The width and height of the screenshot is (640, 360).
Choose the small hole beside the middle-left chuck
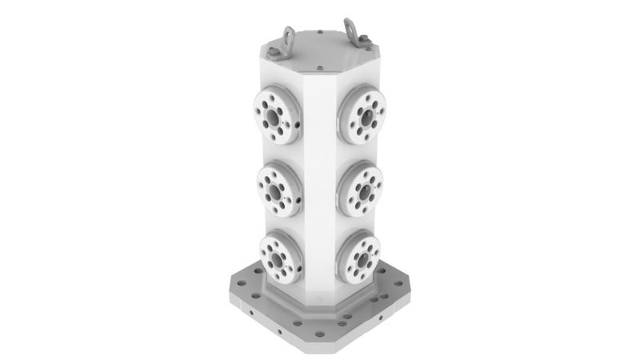click(x=298, y=196)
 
